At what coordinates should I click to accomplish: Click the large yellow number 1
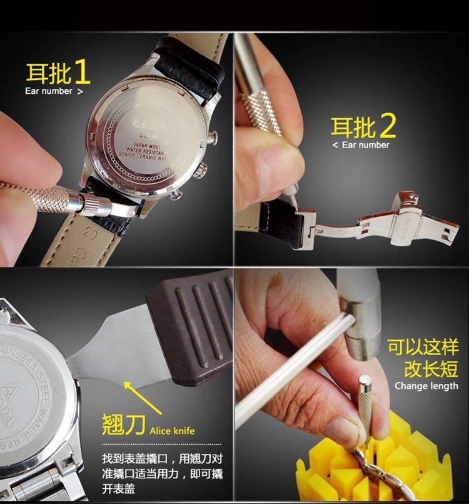(x=81, y=72)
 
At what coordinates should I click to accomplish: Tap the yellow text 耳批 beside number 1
(x=48, y=73)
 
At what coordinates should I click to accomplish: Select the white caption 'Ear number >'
(x=54, y=91)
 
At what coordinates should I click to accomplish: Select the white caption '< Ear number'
(x=361, y=145)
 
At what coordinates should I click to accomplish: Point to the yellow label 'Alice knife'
(x=172, y=430)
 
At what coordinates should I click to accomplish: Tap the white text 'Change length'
(x=426, y=386)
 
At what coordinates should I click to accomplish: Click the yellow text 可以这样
(x=423, y=348)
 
